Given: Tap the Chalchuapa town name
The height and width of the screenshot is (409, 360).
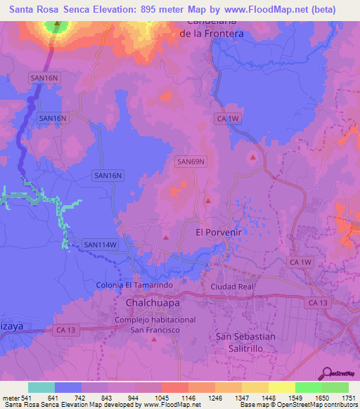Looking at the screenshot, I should click(153, 302).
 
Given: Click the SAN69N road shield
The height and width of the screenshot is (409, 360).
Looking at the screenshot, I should click(191, 162).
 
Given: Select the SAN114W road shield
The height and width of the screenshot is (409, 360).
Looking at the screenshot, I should click(99, 245).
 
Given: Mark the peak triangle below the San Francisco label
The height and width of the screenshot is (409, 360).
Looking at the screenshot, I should click(154, 340).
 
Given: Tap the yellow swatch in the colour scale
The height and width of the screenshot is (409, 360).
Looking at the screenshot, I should click(281, 388).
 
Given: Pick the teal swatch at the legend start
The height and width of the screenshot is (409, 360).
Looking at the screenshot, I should click(41, 388).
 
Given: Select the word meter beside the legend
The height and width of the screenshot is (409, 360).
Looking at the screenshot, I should click(11, 398).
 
